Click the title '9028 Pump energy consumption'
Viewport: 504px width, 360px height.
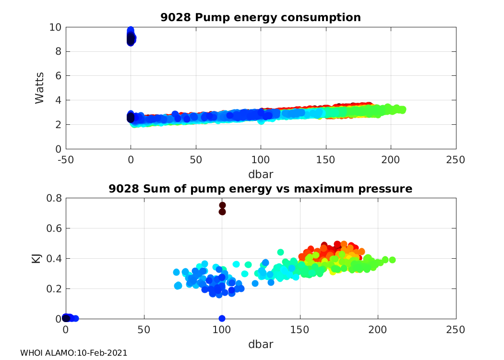coord(260,18)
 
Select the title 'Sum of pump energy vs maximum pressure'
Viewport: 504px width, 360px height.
coord(260,189)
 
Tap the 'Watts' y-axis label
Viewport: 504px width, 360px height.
coord(40,88)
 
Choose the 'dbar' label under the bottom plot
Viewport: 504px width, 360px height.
coord(261,344)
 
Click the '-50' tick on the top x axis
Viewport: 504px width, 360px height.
coord(66,159)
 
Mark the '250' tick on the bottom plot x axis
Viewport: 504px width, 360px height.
coord(456,330)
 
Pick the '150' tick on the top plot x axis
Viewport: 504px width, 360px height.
coord(326,159)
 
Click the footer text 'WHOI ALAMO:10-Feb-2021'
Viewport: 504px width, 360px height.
coord(73,353)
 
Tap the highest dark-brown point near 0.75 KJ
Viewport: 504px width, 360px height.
coord(222,205)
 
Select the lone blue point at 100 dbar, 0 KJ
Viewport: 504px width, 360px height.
coord(222,318)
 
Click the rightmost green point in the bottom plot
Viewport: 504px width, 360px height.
coord(392,260)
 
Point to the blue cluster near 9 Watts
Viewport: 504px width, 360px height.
coord(131,36)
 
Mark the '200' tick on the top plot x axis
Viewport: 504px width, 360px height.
coord(391,159)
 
